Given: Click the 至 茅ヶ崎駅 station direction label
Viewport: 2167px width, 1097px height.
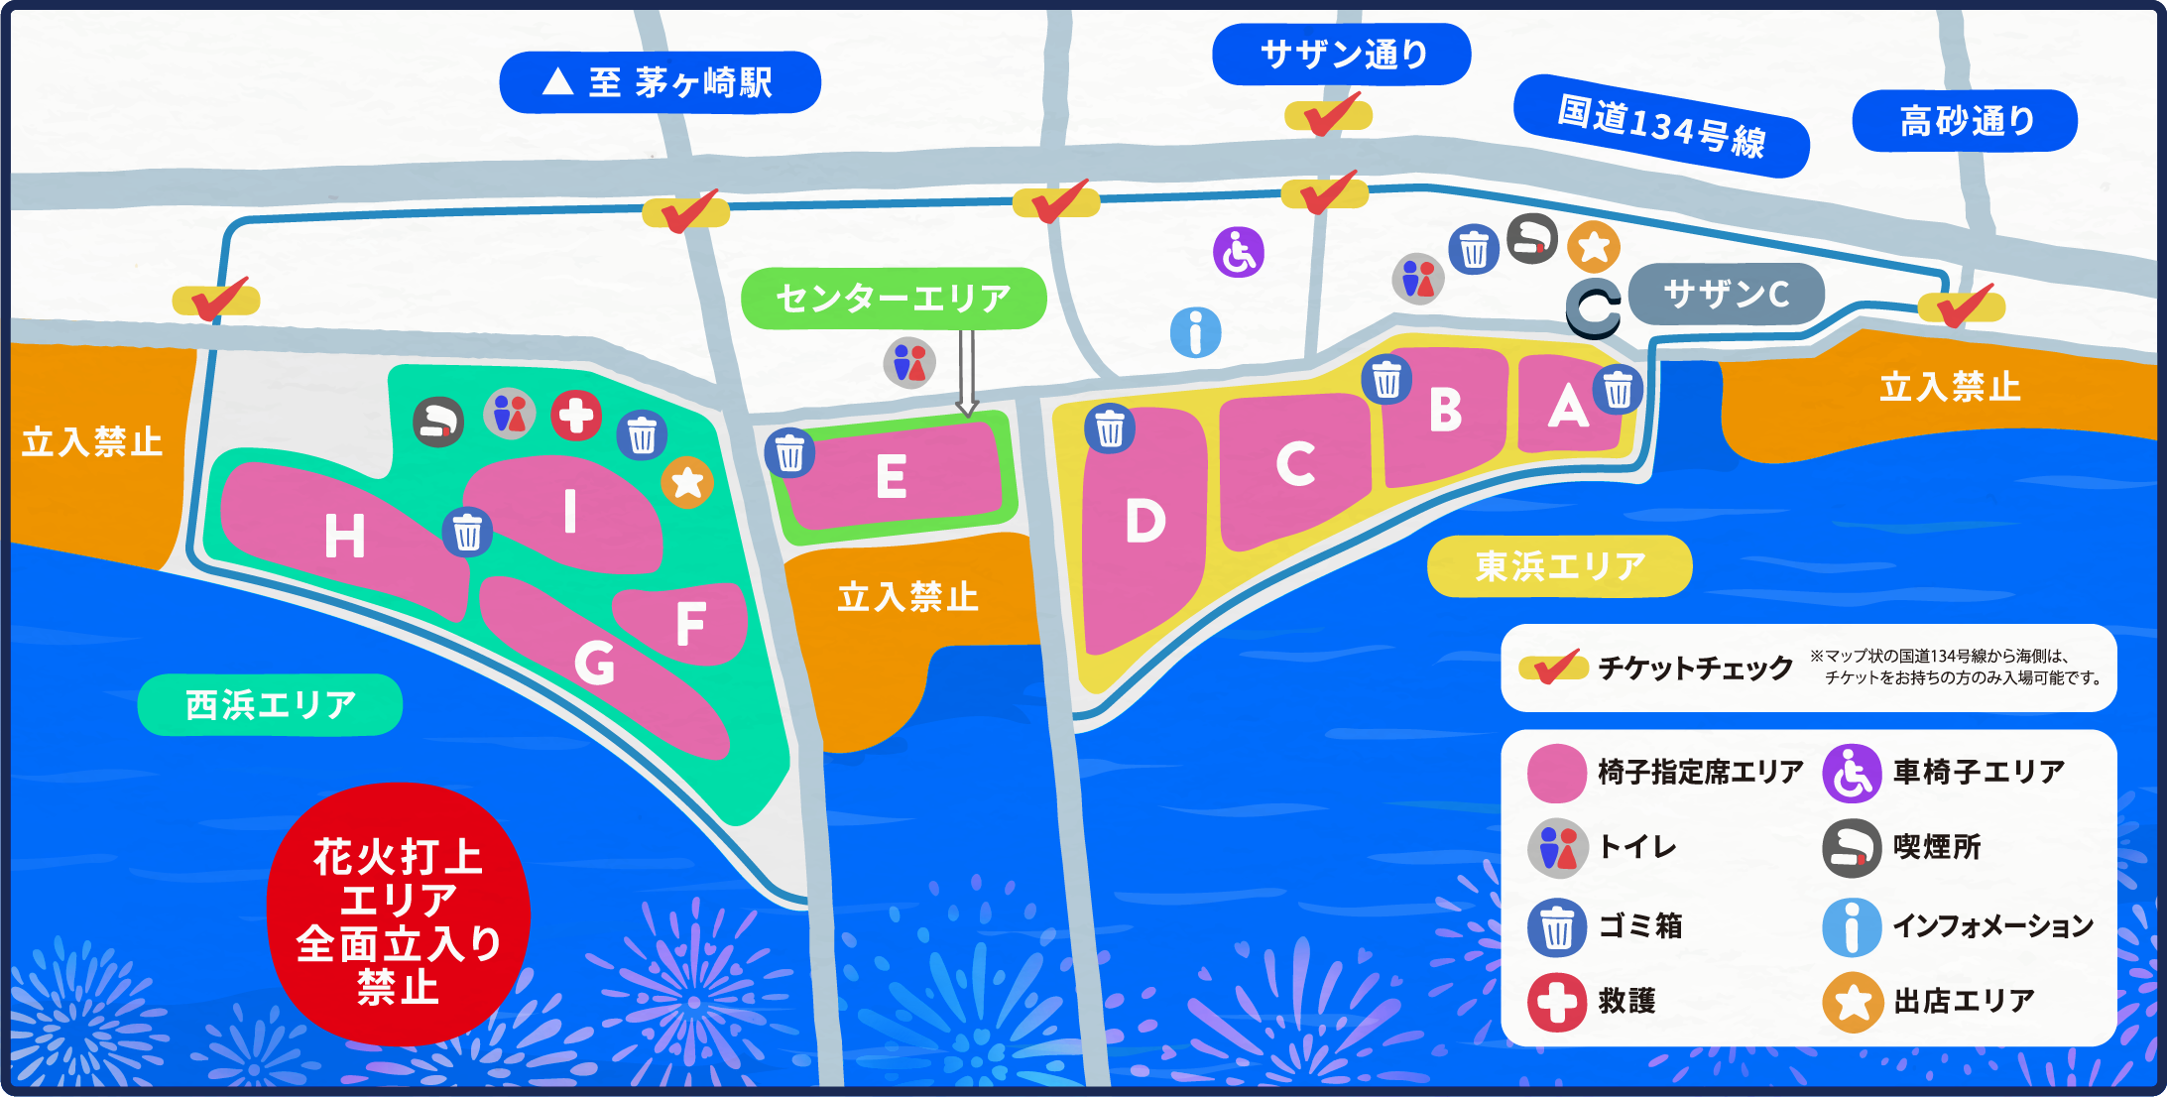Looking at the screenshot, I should [x=660, y=82].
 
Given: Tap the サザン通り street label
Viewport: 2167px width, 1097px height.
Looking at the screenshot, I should [x=1341, y=54].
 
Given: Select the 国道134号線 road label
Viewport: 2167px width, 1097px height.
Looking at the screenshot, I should [x=1661, y=126].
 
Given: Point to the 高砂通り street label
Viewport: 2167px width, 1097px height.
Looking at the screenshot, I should [x=1965, y=121].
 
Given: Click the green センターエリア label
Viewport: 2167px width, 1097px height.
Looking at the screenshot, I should [x=894, y=298].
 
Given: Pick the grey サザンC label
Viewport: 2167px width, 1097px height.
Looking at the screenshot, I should [x=1726, y=294].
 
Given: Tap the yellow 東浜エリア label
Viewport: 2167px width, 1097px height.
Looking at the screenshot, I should [x=1559, y=566].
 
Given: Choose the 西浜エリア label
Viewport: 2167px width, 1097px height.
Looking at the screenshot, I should [x=270, y=705].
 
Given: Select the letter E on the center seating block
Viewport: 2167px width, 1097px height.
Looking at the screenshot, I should [x=891, y=477].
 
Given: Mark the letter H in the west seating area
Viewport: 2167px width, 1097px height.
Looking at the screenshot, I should [x=344, y=537].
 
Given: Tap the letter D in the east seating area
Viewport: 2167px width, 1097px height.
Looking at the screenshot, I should [x=1144, y=522].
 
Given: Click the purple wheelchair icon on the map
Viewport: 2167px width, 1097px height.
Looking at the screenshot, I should [x=1239, y=252].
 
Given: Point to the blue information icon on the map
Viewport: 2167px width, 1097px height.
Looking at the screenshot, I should [x=1195, y=332].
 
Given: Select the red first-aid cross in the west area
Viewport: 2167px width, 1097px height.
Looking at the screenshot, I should [x=576, y=416].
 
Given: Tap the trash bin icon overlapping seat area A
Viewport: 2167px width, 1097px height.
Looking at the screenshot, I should [x=1618, y=390].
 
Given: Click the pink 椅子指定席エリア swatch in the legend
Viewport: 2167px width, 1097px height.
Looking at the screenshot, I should [x=1557, y=773].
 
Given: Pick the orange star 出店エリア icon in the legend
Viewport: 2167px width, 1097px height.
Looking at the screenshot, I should [x=1853, y=1002].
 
